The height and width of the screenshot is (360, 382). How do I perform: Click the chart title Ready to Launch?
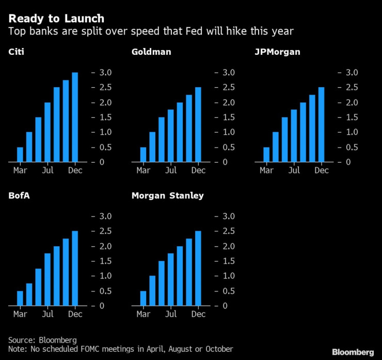(56, 19)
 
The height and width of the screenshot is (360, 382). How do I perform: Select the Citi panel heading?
(15, 52)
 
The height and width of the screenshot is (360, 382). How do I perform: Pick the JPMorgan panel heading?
(277, 52)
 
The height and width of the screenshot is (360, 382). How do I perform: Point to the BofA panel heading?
(18, 196)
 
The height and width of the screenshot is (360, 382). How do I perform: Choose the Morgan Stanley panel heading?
(167, 196)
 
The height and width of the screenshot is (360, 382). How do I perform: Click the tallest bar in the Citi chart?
(75, 117)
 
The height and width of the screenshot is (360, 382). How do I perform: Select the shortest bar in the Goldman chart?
(143, 154)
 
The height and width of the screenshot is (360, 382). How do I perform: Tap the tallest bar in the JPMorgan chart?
(322, 124)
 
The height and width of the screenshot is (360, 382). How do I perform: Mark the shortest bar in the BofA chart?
(20, 298)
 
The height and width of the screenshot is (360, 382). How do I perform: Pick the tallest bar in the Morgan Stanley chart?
(198, 268)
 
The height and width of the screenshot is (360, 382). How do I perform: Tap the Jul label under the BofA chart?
(47, 314)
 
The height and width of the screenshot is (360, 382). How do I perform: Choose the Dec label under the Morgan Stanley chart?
(198, 314)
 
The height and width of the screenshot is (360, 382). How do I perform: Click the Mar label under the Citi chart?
(20, 170)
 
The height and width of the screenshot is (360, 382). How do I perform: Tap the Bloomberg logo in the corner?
(353, 352)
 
